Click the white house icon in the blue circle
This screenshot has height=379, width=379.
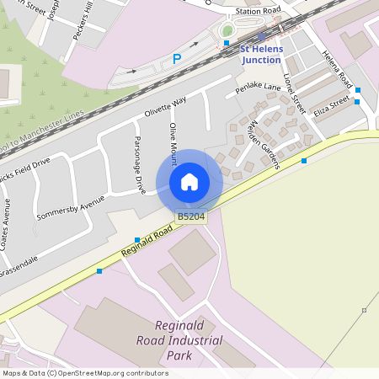click(189, 182)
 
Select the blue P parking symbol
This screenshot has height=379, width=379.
click(177, 58)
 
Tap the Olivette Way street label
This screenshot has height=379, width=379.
click(165, 109)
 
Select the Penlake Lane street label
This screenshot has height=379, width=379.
click(258, 88)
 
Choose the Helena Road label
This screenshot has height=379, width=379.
click(335, 69)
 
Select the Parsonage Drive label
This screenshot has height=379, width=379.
click(137, 164)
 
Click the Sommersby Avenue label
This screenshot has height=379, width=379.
click(71, 208)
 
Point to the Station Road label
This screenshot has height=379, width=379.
click(258, 11)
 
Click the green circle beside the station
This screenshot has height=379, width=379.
click(227, 31)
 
